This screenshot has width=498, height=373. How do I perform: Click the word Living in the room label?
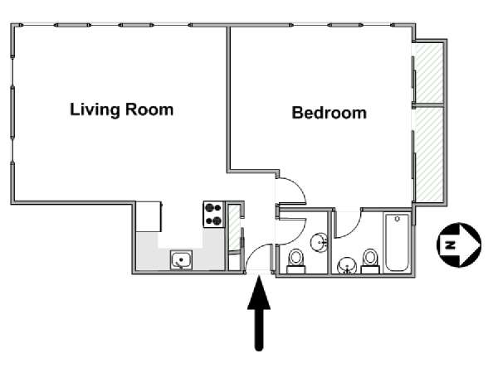pos(95,109)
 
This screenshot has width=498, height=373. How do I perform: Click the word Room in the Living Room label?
pos(149,109)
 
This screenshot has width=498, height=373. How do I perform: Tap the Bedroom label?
pos(329,113)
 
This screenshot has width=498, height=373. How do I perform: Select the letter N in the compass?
pos(450,245)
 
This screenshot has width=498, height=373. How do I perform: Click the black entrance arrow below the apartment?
pos(259,313)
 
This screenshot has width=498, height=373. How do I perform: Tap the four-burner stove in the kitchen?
pos(213,214)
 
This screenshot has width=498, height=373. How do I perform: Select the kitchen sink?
pos(181,259)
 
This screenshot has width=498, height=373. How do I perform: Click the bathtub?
pos(397,243)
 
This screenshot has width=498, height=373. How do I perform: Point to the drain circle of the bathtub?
pos(398,219)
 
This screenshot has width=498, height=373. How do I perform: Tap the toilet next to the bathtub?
pos(370,261)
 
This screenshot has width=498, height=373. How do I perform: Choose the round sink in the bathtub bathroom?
pos(348,266)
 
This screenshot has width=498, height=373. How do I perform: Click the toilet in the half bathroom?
pos(296,261)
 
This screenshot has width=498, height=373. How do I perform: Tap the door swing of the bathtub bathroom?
pos(354,229)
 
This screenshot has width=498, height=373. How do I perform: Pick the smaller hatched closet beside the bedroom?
pos(429,73)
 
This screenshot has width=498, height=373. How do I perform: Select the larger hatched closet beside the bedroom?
pos(429,154)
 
